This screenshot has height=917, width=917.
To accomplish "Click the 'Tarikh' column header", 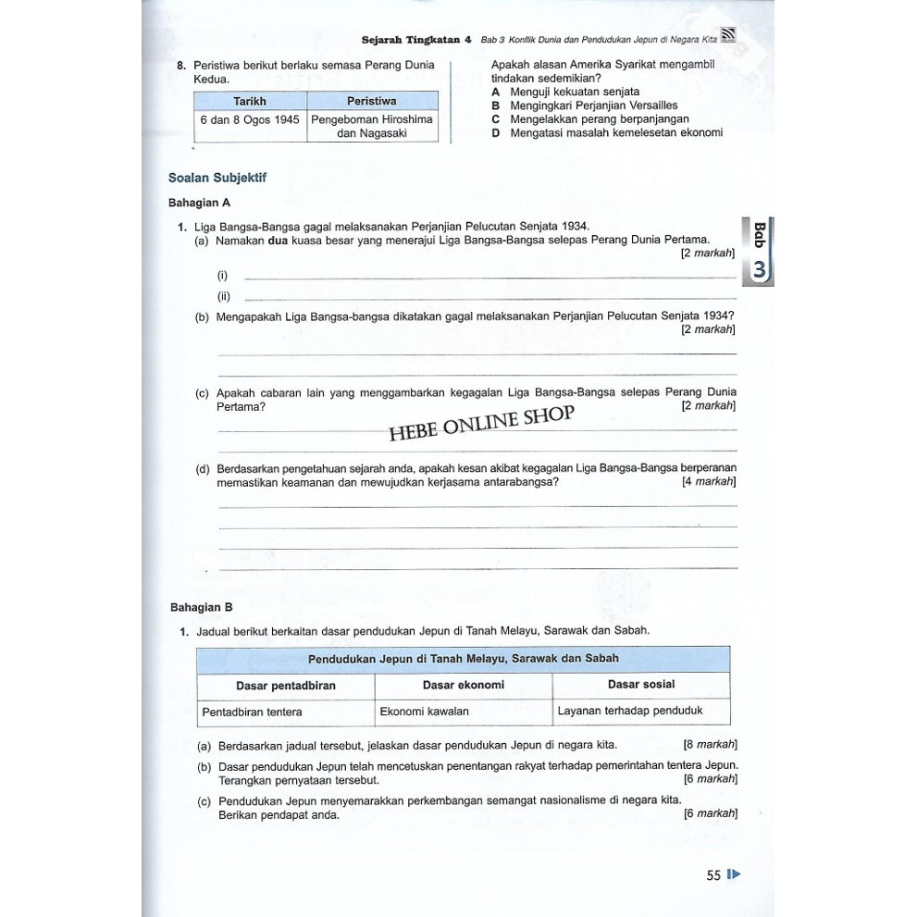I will pyautogui.click(x=250, y=100).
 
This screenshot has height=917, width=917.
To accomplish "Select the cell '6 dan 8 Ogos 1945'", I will pyautogui.click(x=250, y=119).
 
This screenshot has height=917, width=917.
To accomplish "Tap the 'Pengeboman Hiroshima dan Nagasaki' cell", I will pyautogui.click(x=372, y=126).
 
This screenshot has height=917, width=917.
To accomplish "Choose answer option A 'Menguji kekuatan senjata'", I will pyautogui.click(x=565, y=93).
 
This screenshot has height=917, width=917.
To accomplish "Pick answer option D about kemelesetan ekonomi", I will pyautogui.click(x=607, y=132).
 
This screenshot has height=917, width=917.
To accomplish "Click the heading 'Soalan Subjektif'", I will pyautogui.click(x=217, y=177).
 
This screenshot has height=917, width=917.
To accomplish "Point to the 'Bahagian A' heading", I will pyautogui.click(x=199, y=202).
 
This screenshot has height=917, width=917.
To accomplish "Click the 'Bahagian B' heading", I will pyautogui.click(x=202, y=607).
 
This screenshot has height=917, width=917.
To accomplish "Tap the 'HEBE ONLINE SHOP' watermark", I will pyautogui.click(x=481, y=424).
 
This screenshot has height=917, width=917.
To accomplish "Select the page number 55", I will pyautogui.click(x=713, y=874).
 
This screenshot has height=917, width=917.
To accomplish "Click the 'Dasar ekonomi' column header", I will pyautogui.click(x=463, y=685).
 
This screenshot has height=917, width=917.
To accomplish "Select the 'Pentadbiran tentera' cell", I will pyautogui.click(x=252, y=712).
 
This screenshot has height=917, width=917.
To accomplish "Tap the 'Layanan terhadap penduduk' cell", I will pyautogui.click(x=630, y=711).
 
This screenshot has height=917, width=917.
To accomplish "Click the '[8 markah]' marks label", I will pyautogui.click(x=710, y=744).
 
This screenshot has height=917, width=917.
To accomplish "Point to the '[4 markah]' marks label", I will pyautogui.click(x=709, y=481).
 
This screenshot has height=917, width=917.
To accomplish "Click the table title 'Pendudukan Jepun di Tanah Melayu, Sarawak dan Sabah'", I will pyautogui.click(x=463, y=659).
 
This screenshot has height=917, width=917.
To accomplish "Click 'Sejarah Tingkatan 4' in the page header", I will pyautogui.click(x=416, y=41).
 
